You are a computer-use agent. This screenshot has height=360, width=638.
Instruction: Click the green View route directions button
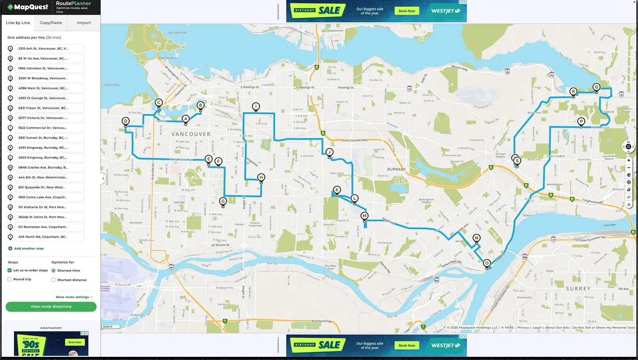click(51, 306)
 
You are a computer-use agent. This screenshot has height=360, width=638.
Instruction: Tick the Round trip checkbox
click(10, 279)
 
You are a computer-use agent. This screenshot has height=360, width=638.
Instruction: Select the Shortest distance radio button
click(54, 280)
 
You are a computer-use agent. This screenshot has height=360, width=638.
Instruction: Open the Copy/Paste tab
click(51, 23)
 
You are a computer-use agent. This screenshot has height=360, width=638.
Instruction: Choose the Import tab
click(84, 23)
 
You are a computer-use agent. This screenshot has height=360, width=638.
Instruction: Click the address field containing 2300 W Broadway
click(50, 78)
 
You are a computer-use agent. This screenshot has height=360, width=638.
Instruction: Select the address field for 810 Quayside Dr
click(50, 187)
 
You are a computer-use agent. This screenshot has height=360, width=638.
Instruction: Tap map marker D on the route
click(126, 121)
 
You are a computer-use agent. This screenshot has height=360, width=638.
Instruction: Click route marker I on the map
click(256, 107)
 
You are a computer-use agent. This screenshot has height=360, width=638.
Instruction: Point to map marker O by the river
click(487, 263)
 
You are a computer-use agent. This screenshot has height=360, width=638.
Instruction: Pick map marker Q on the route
click(596, 87)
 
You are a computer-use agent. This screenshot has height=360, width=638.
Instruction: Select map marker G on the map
click(223, 201)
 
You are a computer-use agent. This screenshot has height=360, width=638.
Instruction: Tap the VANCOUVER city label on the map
click(191, 134)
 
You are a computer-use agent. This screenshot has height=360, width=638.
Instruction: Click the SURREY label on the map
click(578, 289)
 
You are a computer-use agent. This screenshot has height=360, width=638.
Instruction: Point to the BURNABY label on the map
click(396, 169)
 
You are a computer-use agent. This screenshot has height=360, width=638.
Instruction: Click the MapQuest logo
click(28, 7)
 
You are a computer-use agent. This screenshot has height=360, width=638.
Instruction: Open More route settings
click(74, 297)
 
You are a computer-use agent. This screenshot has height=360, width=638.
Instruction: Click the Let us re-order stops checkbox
click(10, 270)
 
